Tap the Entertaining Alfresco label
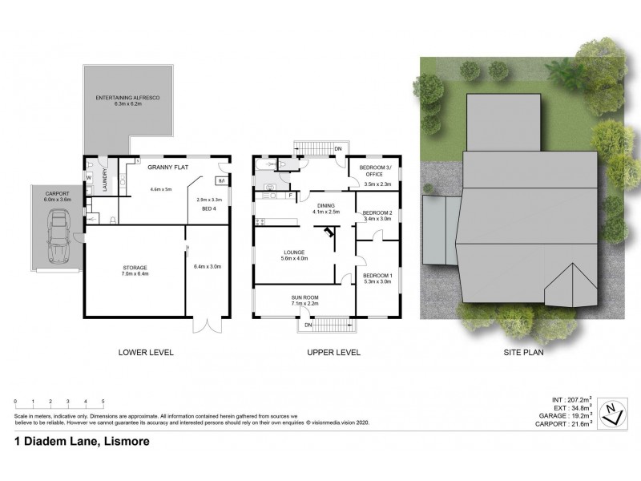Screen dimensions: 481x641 pos(128,100)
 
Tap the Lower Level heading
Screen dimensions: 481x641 pos(146,352)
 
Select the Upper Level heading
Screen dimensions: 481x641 pos(333,352)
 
